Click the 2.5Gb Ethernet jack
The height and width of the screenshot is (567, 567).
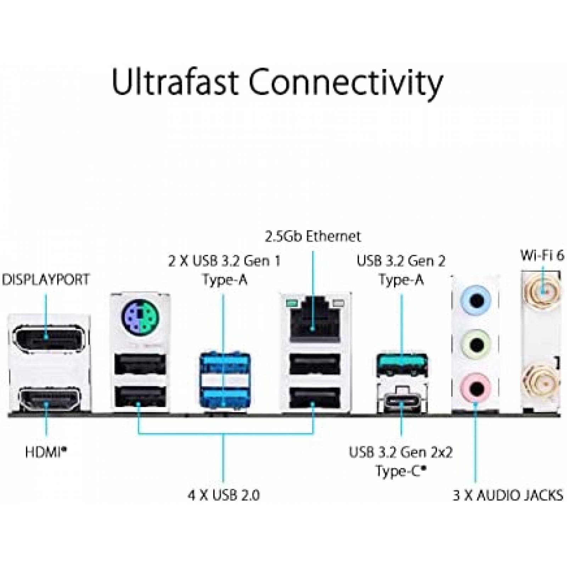coord(314,320)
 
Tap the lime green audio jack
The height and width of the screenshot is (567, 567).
coord(476,344)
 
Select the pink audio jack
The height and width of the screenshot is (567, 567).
coord(476,388)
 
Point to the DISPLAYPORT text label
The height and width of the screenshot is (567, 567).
coord(46,280)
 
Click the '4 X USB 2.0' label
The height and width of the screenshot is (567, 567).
coord(224,495)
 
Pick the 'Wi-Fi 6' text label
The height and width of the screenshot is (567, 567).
coord(542,256)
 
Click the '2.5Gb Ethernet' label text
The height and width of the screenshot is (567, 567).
coord(313,236)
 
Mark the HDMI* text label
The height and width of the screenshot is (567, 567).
coord(46,452)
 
